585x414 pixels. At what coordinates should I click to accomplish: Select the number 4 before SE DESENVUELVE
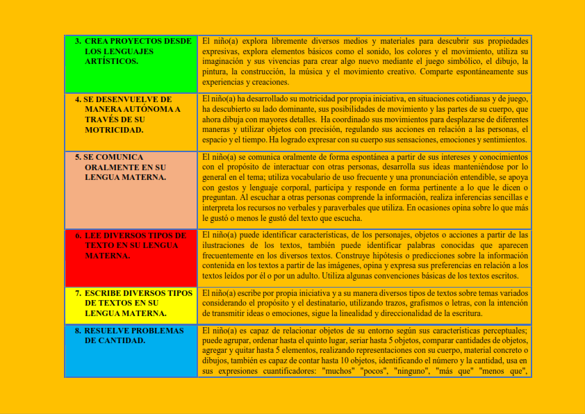(x=78, y=99)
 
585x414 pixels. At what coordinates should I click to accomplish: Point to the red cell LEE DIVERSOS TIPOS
(x=131, y=258)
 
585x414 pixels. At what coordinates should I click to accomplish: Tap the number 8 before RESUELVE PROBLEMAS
(x=78, y=331)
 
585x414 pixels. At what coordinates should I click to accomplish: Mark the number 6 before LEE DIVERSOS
(x=78, y=235)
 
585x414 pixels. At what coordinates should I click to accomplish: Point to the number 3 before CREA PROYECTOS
(x=78, y=41)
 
